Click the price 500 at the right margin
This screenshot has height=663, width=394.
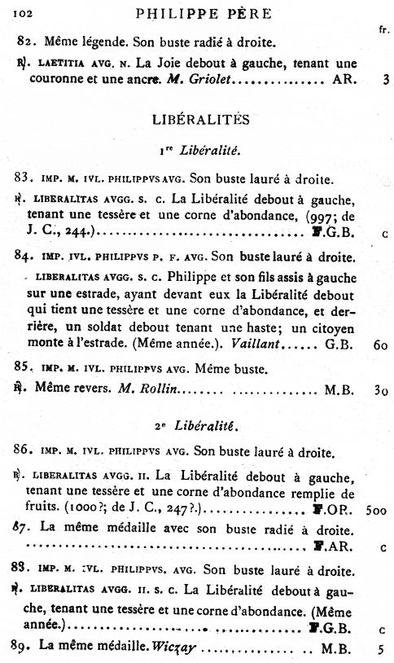pyautogui.click(x=376, y=511)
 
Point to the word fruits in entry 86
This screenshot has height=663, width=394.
pyautogui.click(x=40, y=511)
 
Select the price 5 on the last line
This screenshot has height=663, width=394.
pyautogui.click(x=380, y=650)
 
